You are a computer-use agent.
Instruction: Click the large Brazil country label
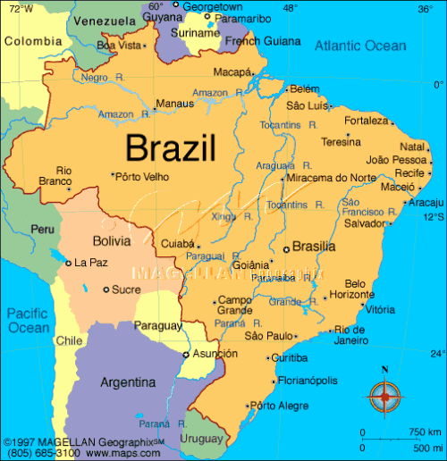pyautogui.click(x=171, y=147)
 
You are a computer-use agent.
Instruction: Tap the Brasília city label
pyautogui.click(x=314, y=247)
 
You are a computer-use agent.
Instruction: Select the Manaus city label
pyautogui.click(x=174, y=104)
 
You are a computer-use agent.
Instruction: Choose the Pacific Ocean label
pyautogui.click(x=29, y=321)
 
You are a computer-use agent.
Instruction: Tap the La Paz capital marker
pyautogui.click(x=69, y=263)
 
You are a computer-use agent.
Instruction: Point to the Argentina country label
pyautogui.click(x=129, y=382)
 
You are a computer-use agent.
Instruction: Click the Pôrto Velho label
pyautogui.click(x=142, y=177)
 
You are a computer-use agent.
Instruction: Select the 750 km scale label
pyautogui.click(x=423, y=432)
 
